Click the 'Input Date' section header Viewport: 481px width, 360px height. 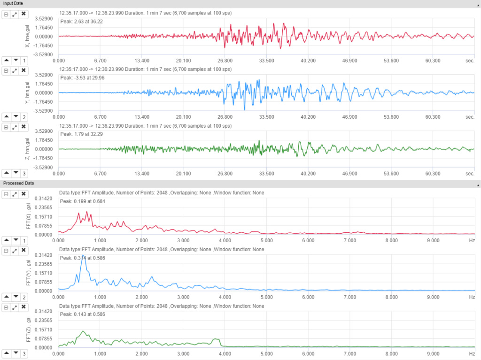click(13, 4)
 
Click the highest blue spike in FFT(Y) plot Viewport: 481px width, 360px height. click(83, 256)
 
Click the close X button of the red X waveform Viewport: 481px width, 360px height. click(23, 15)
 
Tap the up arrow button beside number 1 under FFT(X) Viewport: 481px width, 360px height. click(7, 240)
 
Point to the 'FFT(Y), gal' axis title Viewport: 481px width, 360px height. click(28, 273)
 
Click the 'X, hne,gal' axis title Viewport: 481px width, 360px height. click(28, 36)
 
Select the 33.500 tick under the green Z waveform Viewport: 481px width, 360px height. click(266, 173)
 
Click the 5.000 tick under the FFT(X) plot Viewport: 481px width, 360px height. click(266, 240)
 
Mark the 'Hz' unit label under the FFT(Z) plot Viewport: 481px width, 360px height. click(472, 353)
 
